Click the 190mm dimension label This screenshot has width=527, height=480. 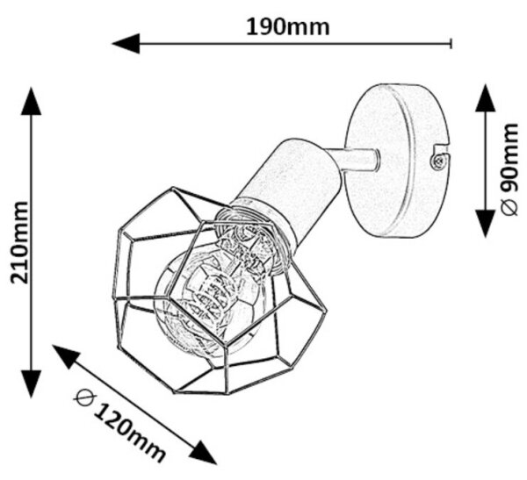click(288, 27)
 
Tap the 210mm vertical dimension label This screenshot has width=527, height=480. click(19, 243)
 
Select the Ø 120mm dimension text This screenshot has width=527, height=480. click(119, 425)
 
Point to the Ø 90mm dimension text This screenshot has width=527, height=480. click(509, 169)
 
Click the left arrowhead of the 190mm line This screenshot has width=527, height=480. click(126, 43)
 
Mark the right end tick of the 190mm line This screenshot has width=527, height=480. click(451, 43)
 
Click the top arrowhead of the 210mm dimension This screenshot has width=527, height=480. click(32, 101)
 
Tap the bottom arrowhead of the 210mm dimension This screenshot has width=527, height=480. click(32, 384)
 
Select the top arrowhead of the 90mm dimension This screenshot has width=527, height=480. click(486, 97)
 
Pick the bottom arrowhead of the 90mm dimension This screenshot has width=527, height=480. click(486, 224)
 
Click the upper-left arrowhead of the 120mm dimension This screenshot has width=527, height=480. click(66, 356)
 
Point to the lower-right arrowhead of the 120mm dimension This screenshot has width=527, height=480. click(202, 452)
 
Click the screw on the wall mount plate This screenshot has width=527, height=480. click(438, 161)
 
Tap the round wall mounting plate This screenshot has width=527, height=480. click(397, 161)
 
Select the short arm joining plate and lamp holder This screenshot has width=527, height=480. click(356, 161)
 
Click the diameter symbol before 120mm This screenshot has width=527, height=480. click(84, 398)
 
